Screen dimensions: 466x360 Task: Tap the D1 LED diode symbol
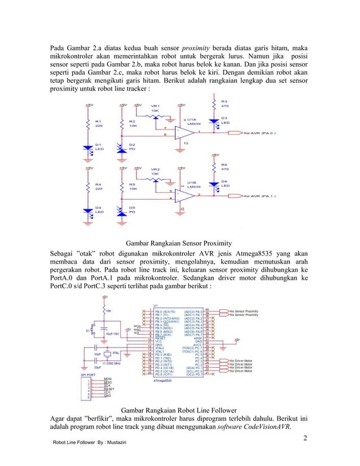pyautogui.click(x=89, y=148)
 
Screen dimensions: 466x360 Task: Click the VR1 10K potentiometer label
pyautogui.click(x=155, y=108)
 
